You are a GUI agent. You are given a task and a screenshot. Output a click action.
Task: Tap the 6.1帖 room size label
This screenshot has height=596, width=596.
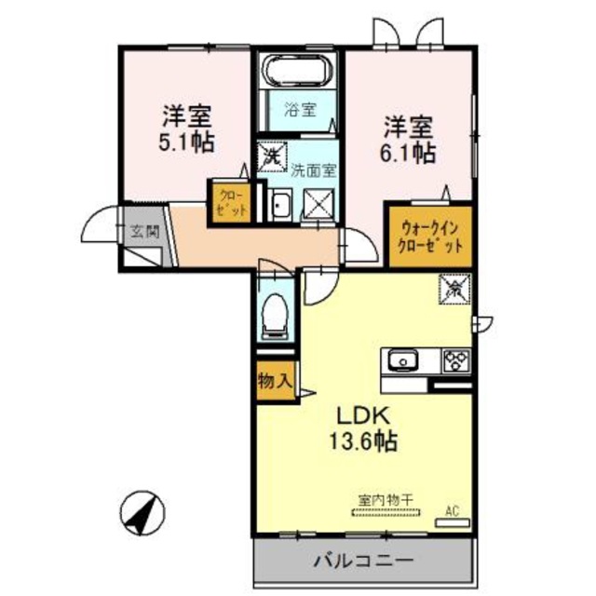tap(408, 151)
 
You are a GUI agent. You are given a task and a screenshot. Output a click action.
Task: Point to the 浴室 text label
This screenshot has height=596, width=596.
tap(300, 108)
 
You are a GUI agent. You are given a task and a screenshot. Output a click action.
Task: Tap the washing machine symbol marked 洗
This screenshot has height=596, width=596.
tap(273, 154)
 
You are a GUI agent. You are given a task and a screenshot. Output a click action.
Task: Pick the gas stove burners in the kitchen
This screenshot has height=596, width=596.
tap(455, 359)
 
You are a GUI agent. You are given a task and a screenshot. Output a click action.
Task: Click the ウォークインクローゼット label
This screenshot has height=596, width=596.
tap(431, 238)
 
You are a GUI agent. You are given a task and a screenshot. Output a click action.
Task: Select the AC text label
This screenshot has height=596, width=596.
tap(453, 510)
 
